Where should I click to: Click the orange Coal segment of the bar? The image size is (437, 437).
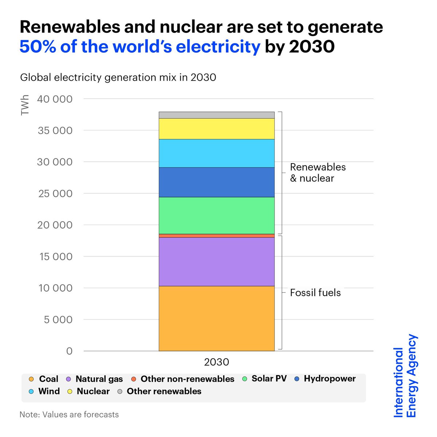216,318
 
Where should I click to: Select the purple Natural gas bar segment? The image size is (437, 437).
216,261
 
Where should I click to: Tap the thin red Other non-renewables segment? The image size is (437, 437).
216,236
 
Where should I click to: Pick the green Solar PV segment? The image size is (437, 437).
216,215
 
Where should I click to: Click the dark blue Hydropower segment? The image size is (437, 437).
216,182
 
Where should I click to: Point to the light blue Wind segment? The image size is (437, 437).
216,153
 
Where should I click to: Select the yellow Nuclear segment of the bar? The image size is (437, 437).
216,129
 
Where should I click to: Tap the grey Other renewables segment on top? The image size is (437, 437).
216,115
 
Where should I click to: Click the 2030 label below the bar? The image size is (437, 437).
216,362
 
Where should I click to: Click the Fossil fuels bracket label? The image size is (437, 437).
315,293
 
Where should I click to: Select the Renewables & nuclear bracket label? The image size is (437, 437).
318,173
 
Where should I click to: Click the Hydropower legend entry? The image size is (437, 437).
325,379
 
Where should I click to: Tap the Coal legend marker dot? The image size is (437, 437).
31,379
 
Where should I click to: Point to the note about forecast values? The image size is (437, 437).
69,414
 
